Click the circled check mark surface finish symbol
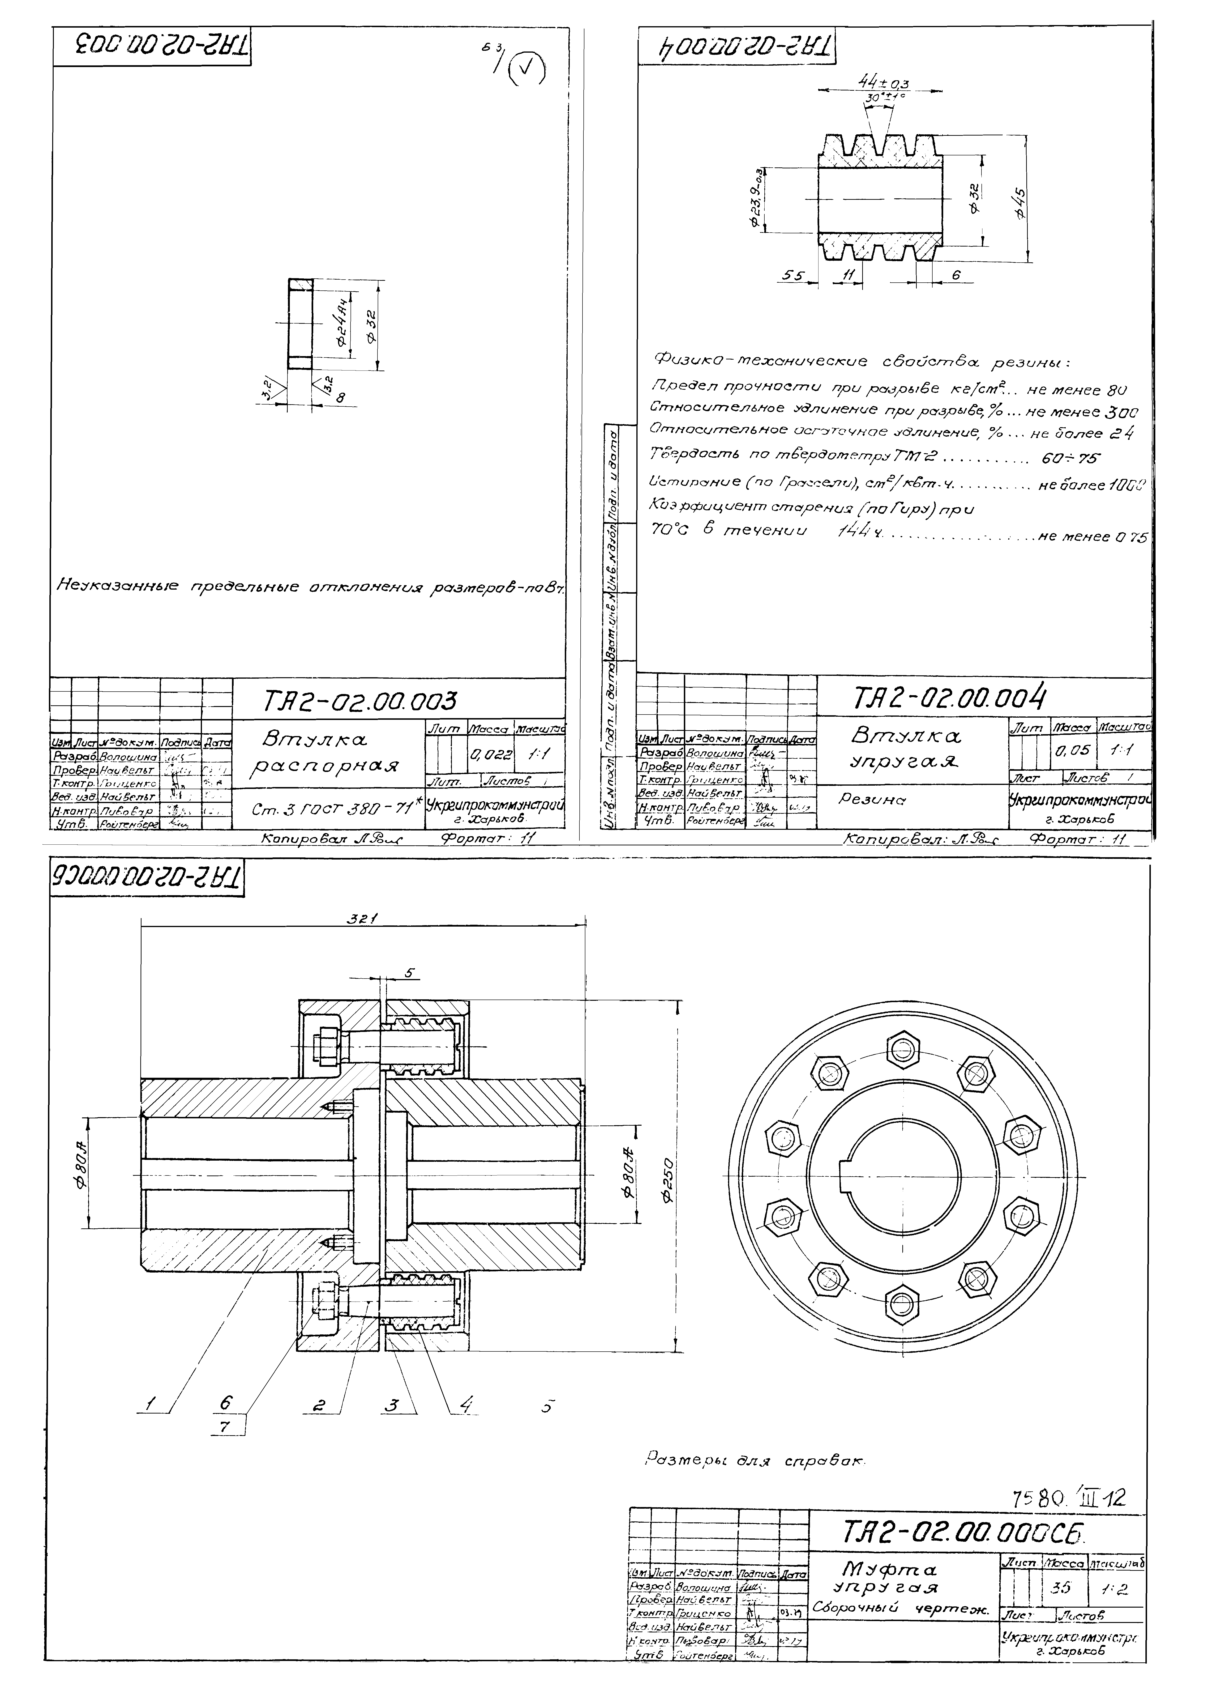point(527,71)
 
